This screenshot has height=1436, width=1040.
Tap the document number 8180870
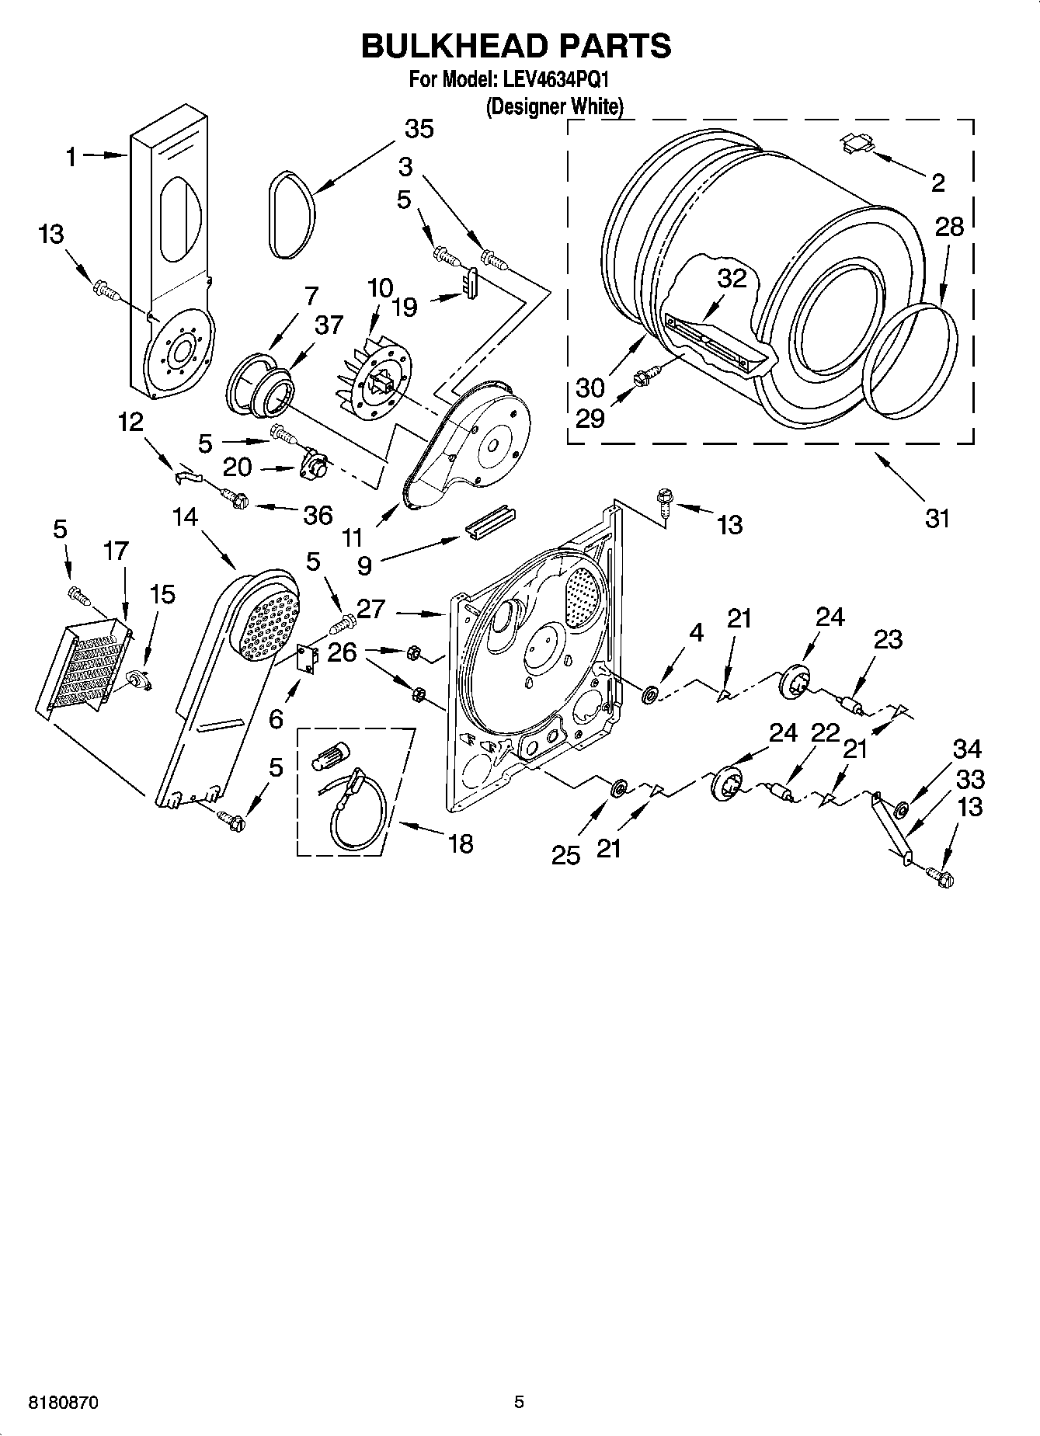click(x=64, y=1403)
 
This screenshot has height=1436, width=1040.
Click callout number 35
click(x=419, y=129)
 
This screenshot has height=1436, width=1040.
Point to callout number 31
click(x=937, y=518)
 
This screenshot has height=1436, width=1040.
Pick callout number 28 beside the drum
click(x=949, y=227)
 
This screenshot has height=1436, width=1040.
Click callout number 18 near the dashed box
click(x=461, y=843)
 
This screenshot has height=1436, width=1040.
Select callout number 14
click(x=186, y=517)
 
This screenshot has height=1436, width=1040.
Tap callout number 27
click(x=371, y=610)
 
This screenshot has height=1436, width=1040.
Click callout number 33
click(x=971, y=779)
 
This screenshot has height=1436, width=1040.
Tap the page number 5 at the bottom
click(x=519, y=1403)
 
